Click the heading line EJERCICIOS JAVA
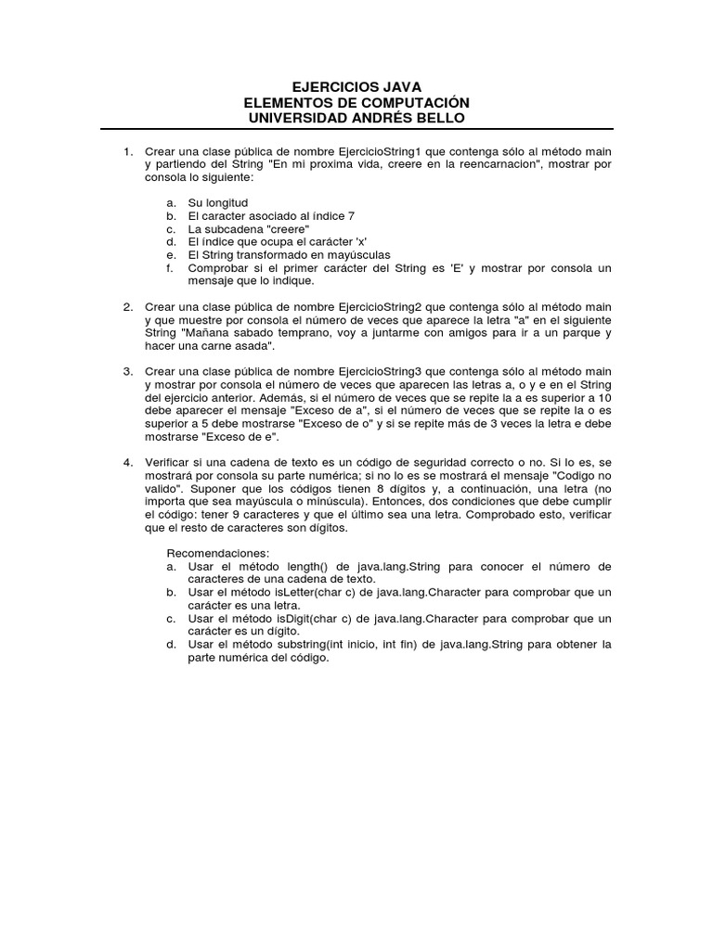click(356, 86)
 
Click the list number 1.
click(128, 151)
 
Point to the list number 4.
click(128, 461)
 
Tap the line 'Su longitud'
click(218, 202)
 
